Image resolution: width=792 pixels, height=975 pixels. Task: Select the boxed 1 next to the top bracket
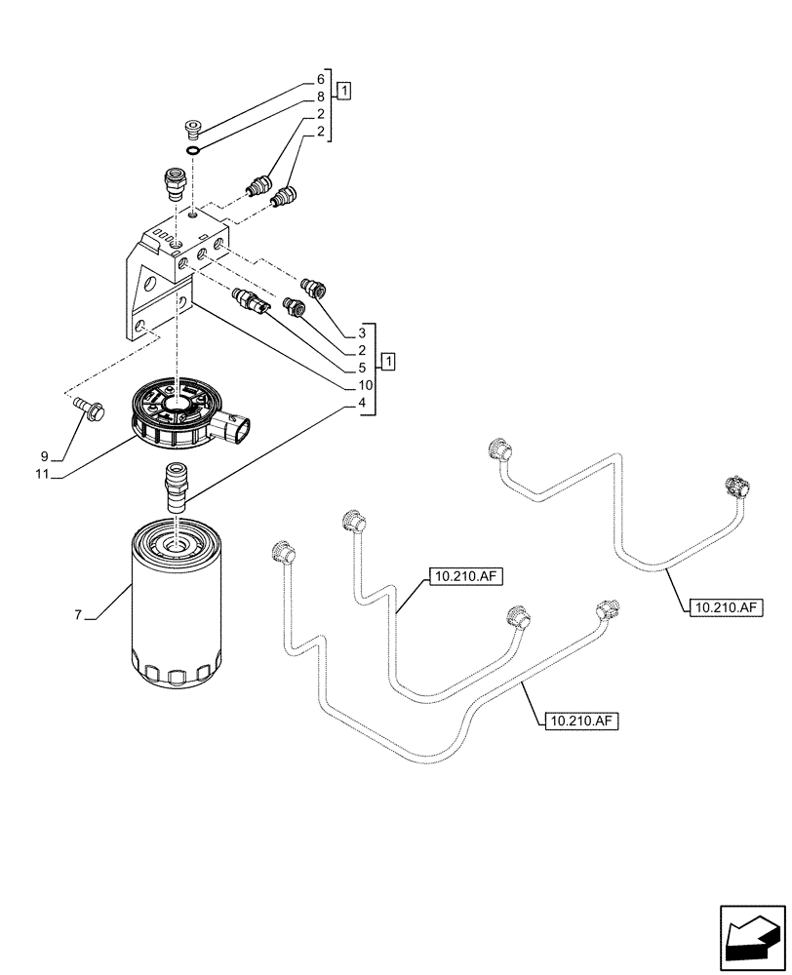344,91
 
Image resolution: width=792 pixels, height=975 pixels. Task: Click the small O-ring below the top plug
194,148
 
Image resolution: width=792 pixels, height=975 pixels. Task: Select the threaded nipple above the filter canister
177,487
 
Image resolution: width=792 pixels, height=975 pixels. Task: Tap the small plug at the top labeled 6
193,127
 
